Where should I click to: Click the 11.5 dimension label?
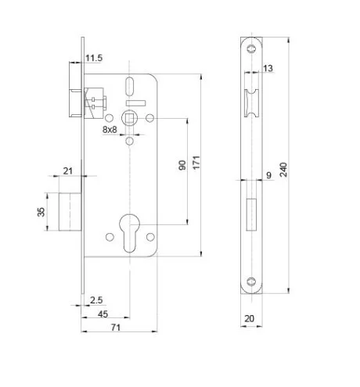[x=94, y=58]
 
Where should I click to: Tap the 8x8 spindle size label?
[x=110, y=129]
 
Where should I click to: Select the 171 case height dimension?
[x=196, y=163]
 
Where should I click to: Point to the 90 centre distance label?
[x=182, y=165]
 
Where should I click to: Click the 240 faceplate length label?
[x=283, y=170]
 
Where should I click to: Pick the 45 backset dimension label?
[x=103, y=314]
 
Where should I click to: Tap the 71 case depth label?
[x=116, y=328]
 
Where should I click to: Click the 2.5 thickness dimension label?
[x=96, y=300]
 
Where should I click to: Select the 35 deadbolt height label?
[x=41, y=212]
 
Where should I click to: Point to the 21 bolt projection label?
[x=68, y=171]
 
